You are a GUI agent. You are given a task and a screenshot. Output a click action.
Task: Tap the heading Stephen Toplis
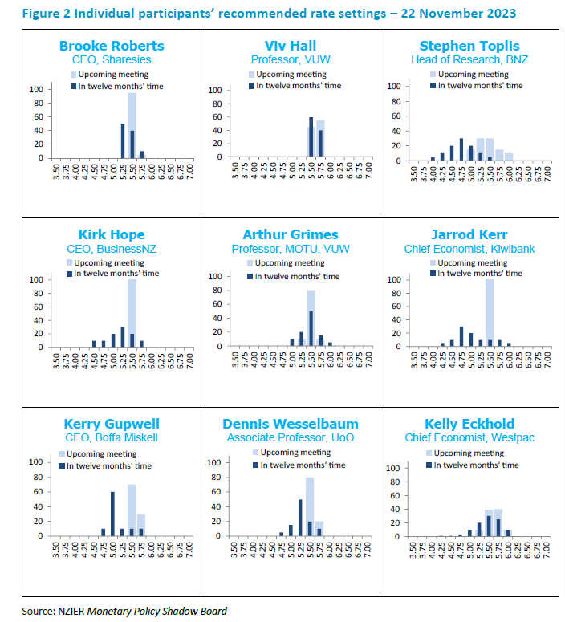469,45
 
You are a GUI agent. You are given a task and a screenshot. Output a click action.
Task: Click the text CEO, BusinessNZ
112,249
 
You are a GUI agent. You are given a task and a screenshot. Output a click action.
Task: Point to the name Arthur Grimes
291,234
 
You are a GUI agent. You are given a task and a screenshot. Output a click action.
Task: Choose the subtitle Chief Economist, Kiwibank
469,249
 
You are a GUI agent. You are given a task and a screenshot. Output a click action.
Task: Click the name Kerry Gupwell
112,424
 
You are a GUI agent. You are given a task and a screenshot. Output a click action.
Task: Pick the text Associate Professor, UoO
291,438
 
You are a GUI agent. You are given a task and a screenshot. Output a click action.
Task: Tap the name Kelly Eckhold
469,424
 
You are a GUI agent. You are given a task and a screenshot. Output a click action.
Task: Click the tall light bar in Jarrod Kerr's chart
490,313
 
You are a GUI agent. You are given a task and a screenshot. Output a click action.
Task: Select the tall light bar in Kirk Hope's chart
132,313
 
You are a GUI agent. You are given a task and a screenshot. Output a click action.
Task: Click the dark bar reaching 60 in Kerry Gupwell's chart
112,514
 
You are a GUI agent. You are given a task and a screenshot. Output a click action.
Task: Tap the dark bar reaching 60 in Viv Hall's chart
311,138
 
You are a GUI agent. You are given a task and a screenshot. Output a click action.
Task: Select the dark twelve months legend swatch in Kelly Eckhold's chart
429,465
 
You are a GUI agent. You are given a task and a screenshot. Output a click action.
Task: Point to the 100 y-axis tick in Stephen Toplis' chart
393,86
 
